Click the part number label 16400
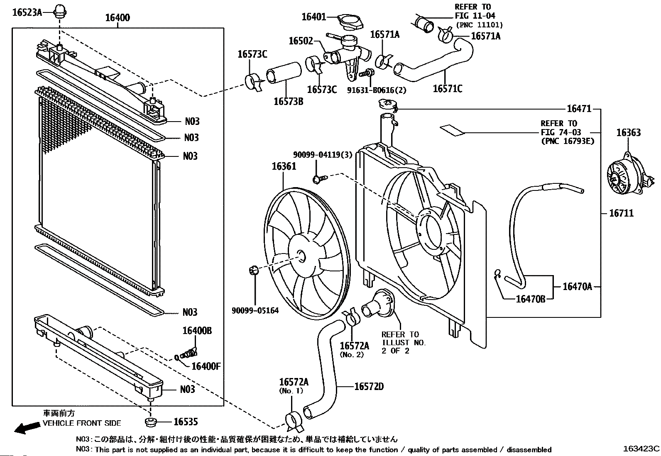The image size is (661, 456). click(x=118, y=18)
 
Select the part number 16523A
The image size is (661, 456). click(x=27, y=13)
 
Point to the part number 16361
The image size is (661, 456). click(x=284, y=166)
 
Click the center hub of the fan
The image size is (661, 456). click(x=302, y=256)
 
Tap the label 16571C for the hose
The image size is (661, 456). click(x=448, y=88)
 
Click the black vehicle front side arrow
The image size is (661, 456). click(x=27, y=428)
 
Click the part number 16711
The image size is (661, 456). click(x=622, y=213)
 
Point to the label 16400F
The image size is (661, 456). click(x=206, y=366)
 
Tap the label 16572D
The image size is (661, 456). click(x=369, y=386)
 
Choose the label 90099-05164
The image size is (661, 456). click(x=255, y=311)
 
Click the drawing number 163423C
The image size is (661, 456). click(x=641, y=449)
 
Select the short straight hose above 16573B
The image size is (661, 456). click(x=284, y=73)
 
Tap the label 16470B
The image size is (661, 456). click(x=531, y=299)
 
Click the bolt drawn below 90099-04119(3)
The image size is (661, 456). click(x=320, y=179)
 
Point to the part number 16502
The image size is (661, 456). click(x=301, y=41)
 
